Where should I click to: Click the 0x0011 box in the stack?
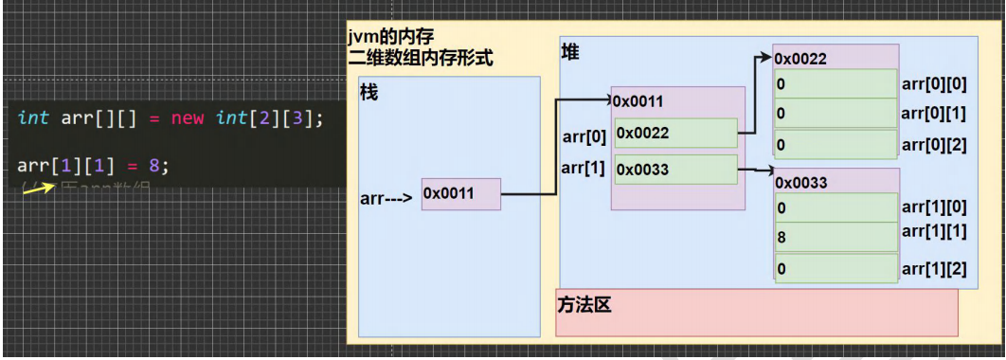460,193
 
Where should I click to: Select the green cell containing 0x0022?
675,134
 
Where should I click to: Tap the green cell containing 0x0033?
675,170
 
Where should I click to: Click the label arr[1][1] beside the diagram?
933,231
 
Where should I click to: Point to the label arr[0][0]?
933,84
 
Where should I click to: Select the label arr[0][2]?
933,145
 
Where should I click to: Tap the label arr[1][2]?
933,269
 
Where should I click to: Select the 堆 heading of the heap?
570,52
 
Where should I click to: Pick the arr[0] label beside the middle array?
584,135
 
